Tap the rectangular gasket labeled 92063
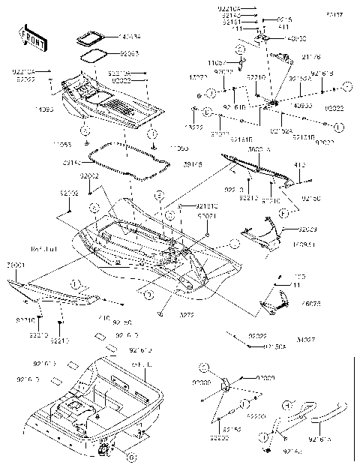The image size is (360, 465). (94, 54)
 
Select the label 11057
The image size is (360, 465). (217, 63)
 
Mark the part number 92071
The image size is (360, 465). (207, 215)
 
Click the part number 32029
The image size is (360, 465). (307, 228)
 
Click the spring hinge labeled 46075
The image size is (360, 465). (274, 304)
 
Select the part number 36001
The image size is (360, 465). (14, 265)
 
